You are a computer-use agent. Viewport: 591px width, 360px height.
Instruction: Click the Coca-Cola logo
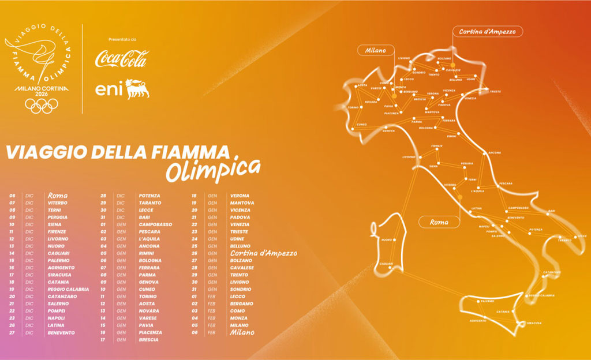121,58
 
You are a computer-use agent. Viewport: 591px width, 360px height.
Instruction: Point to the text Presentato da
121,39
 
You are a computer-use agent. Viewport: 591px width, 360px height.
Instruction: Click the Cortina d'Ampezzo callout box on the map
488,32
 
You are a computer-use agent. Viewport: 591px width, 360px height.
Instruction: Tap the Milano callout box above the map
375,50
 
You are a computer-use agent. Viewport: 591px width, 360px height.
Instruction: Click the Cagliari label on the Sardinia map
386,264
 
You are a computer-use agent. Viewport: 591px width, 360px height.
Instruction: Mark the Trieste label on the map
496,92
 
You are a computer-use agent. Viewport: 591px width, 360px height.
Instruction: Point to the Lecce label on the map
582,236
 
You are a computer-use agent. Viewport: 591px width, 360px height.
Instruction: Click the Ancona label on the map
495,153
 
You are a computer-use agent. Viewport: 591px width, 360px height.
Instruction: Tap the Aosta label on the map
362,85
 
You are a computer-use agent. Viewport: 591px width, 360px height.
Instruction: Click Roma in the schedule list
58,196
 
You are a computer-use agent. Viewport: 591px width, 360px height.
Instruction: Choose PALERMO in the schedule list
59,260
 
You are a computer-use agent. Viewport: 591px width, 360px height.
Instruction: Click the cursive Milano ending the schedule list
242,332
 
